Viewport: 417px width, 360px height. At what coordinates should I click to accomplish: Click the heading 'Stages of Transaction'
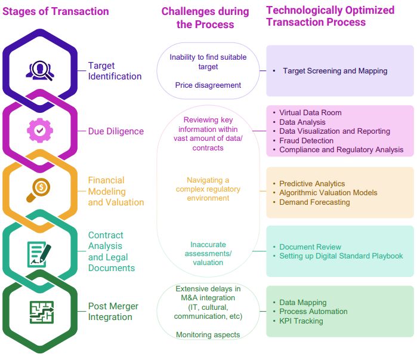[56, 11]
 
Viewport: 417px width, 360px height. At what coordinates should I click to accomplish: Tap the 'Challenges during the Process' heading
[205, 18]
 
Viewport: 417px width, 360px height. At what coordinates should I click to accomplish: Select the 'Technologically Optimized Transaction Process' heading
[330, 16]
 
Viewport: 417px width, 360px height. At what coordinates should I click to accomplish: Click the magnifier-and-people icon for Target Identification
[40, 70]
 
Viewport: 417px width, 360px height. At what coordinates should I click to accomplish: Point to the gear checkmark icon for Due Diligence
[40, 130]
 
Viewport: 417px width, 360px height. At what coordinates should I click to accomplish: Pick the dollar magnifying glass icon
[40, 190]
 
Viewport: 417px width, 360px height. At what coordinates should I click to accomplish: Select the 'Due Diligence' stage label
[116, 131]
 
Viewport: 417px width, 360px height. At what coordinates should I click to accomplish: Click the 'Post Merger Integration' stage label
[113, 311]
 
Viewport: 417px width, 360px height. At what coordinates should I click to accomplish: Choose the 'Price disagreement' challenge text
[208, 85]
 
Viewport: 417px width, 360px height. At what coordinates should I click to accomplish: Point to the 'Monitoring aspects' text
[208, 335]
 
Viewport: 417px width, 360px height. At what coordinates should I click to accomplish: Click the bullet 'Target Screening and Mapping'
[335, 71]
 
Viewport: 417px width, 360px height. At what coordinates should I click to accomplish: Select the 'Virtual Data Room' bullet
[310, 112]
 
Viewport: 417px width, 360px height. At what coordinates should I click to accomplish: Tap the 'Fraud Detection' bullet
[306, 140]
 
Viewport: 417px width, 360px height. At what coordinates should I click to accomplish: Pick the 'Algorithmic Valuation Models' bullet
[328, 193]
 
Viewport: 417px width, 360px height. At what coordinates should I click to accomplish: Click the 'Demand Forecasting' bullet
[314, 202]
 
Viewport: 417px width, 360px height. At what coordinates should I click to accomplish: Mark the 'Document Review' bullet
[310, 247]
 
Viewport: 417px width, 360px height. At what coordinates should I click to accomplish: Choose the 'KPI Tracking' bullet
[301, 321]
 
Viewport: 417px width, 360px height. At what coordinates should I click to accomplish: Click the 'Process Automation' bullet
[313, 312]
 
